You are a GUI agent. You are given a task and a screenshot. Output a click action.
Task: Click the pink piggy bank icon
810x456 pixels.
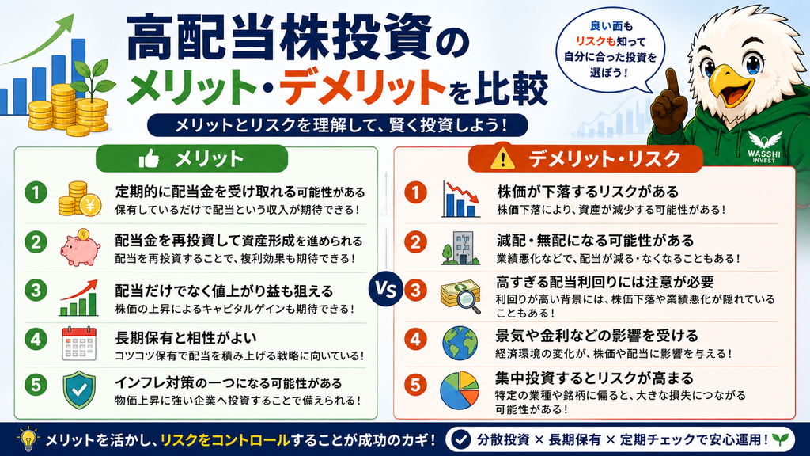coord(80,248)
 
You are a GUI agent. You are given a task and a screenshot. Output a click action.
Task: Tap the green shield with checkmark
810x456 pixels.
coord(79,389)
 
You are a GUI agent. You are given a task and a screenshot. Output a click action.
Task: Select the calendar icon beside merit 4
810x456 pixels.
coord(79,344)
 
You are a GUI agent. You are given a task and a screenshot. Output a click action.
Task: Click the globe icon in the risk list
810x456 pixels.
coord(460,343)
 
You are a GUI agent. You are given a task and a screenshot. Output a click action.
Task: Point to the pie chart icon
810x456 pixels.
coord(460,390)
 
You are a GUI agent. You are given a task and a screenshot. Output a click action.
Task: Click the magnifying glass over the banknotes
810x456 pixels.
coord(469,302)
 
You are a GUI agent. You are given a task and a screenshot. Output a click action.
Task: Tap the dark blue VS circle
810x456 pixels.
coord(385,288)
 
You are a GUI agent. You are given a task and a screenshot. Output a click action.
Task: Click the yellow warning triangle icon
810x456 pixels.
coord(502,158)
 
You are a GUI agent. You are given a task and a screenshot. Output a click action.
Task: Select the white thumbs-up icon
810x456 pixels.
coord(149,158)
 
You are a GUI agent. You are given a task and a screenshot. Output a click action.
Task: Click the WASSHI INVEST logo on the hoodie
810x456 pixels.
coord(764,148)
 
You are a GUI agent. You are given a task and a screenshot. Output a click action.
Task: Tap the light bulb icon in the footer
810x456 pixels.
coord(28,439)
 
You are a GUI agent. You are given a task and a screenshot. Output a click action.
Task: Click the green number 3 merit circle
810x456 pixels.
coord(36,290)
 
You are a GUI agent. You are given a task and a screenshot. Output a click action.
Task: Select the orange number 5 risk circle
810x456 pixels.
coord(416,385)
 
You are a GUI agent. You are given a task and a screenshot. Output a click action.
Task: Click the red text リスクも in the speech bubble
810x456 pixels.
coord(596,41)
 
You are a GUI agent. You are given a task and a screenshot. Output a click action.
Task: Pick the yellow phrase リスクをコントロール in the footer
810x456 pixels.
coord(225,440)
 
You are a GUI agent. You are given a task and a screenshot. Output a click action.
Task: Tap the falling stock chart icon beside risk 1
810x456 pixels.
coord(461,199)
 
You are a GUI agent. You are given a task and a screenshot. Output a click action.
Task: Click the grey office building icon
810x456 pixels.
coord(460,248)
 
